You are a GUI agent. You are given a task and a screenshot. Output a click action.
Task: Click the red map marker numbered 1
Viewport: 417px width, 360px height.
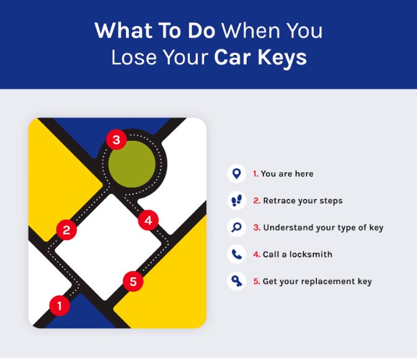[x=59, y=304]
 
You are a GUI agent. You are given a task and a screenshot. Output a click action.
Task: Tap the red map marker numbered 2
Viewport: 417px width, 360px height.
[x=66, y=230]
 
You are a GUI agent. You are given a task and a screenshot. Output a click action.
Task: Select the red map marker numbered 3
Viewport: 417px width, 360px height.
[x=116, y=140]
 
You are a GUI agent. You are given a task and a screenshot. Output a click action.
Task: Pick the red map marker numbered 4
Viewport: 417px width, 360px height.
[x=148, y=219]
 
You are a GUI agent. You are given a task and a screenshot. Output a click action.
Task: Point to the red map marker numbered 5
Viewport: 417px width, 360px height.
[x=133, y=282]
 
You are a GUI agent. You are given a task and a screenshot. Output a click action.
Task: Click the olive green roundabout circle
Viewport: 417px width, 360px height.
[x=132, y=162]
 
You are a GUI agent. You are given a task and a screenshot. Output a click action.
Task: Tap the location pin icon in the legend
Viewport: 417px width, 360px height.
[x=236, y=174]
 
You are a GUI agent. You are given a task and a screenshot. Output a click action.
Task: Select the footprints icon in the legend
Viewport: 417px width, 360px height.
[x=236, y=201]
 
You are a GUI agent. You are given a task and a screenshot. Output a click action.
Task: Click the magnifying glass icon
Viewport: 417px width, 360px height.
[x=236, y=227]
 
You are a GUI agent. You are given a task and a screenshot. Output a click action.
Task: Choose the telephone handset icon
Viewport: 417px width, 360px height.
[x=236, y=254]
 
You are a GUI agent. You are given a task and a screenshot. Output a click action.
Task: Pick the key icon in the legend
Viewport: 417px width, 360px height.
[x=236, y=282]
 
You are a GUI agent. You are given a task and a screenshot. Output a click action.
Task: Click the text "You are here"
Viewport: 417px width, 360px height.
[x=287, y=174]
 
